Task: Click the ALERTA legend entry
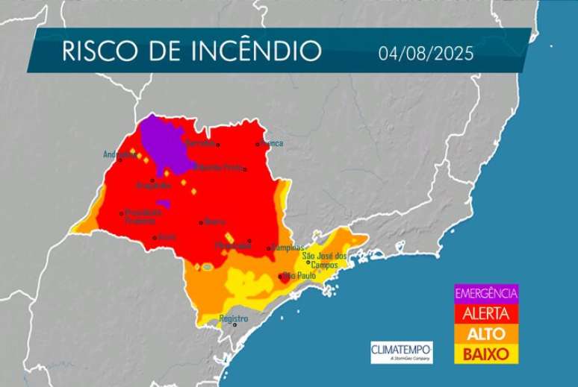485,312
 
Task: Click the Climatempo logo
401,350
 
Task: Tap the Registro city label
234,318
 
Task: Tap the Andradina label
119,155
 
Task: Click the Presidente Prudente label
141,215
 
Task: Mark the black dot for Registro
234,324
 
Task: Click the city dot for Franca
258,144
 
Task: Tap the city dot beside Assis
155,238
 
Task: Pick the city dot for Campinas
269,248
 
